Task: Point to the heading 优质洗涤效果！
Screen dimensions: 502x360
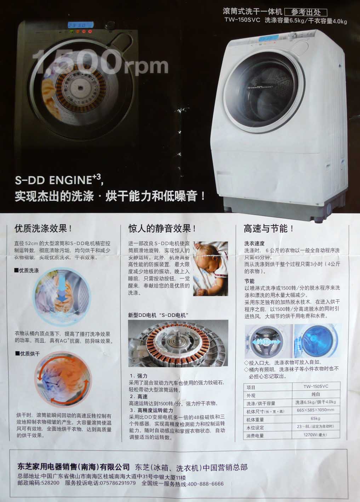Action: click(x=44, y=229)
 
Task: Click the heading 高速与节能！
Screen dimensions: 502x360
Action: click(x=269, y=229)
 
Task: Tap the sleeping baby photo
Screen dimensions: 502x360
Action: click(x=211, y=269)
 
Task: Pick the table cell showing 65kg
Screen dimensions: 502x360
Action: click(x=315, y=419)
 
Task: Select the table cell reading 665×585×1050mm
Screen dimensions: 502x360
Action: click(x=315, y=410)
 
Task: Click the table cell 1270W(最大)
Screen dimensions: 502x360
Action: click(x=315, y=435)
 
